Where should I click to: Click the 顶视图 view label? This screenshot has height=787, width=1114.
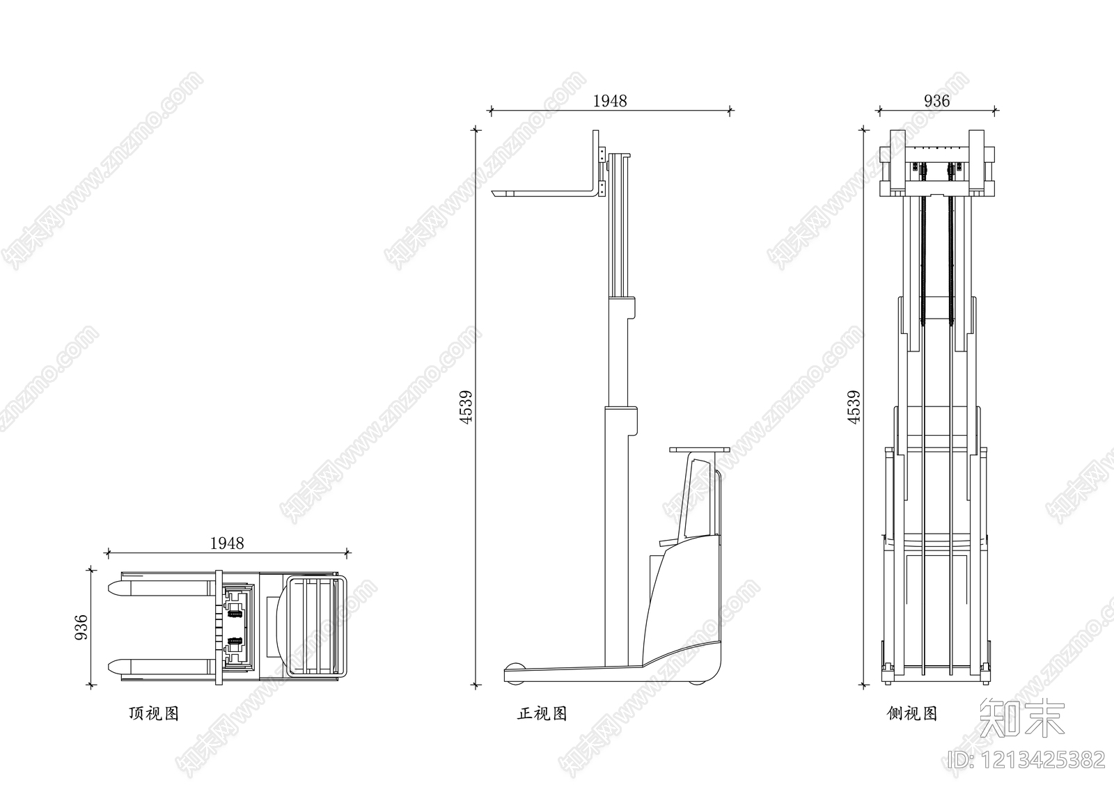pyautogui.click(x=154, y=713)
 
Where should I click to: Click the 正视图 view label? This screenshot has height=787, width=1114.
pyautogui.click(x=542, y=713)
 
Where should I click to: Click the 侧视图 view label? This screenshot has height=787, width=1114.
pyautogui.click(x=912, y=713)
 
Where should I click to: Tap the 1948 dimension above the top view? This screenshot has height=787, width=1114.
pyautogui.click(x=227, y=543)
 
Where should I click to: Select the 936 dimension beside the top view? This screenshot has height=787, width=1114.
pyautogui.click(x=81, y=628)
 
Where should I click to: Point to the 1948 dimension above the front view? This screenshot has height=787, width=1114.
pyautogui.click(x=610, y=101)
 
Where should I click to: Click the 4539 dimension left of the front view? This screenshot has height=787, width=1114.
pyautogui.click(x=466, y=407)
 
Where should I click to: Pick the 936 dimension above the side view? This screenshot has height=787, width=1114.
pyautogui.click(x=937, y=101)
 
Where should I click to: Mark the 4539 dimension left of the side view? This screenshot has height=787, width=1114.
pyautogui.click(x=854, y=407)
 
